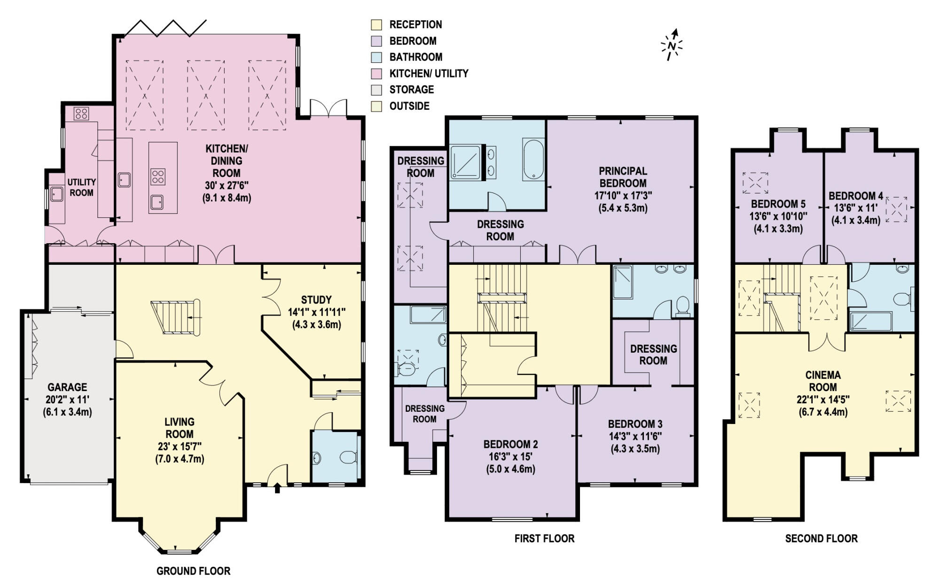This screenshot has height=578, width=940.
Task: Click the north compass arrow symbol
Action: point(672,45)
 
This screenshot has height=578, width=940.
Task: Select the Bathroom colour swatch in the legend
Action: point(376,57)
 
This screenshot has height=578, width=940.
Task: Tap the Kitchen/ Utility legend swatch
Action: point(376,74)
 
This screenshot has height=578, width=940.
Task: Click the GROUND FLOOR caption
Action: point(193,571)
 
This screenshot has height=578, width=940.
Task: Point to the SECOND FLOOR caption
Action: point(821,539)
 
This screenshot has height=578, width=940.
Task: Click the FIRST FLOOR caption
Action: point(544,539)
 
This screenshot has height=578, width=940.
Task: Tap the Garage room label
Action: point(67,387)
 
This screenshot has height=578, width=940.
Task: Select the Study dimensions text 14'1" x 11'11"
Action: point(317,312)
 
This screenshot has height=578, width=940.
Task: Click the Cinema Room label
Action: point(823,381)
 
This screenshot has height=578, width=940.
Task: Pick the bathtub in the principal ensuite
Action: point(533,160)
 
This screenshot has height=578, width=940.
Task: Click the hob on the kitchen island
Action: point(158,177)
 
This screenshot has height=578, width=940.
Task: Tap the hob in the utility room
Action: point(81,114)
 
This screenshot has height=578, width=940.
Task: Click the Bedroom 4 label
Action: point(856,196)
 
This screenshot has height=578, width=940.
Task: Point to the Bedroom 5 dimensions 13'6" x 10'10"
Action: point(778,216)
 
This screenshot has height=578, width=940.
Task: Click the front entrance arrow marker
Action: point(277,488)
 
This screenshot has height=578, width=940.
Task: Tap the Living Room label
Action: point(180,428)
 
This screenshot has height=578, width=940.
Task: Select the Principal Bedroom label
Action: point(623,177)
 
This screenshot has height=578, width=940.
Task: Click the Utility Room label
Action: point(81,187)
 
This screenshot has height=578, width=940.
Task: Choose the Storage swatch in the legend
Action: point(376,90)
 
